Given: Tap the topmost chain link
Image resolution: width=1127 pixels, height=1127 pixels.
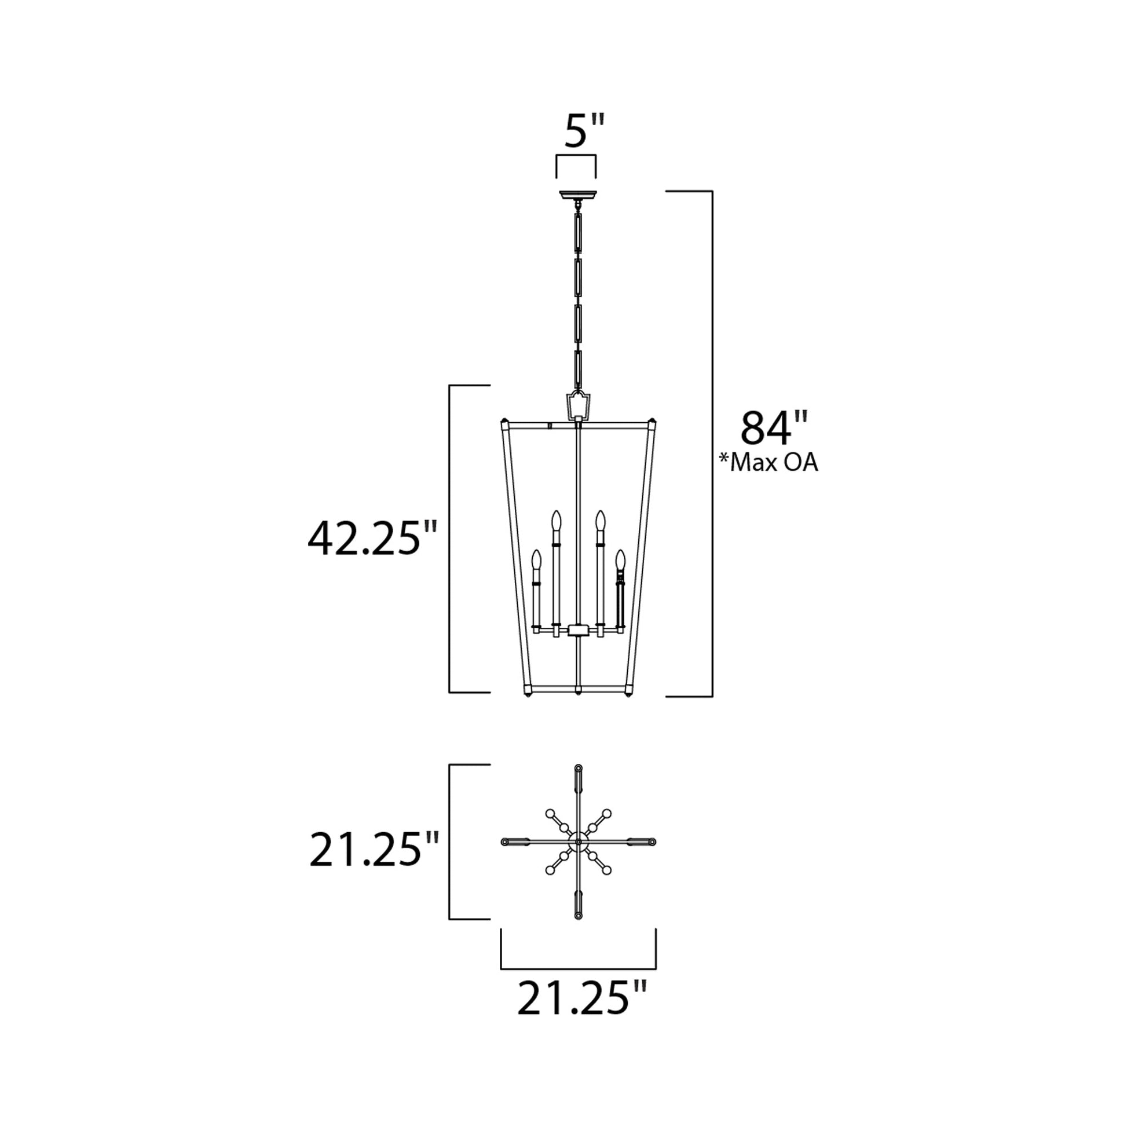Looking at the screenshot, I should (x=578, y=232).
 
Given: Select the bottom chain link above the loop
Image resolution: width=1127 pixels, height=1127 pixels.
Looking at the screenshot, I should (x=578, y=371).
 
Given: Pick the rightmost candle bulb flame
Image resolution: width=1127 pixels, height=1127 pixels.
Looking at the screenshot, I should (x=620, y=559).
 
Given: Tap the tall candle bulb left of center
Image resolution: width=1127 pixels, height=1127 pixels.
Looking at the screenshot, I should (x=557, y=520).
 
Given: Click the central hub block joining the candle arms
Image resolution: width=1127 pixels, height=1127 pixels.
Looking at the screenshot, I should (x=578, y=630).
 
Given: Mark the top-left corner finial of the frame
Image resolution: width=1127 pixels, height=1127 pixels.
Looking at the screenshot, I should (x=504, y=421).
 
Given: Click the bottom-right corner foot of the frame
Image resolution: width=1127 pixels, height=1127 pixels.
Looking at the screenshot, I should (x=628, y=696).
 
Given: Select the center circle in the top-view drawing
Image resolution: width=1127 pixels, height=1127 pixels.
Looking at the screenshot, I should (x=578, y=841).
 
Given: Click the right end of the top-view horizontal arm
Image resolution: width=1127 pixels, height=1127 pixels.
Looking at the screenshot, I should (x=651, y=841).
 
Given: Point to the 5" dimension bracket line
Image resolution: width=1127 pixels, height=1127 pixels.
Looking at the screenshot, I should (x=576, y=156).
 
